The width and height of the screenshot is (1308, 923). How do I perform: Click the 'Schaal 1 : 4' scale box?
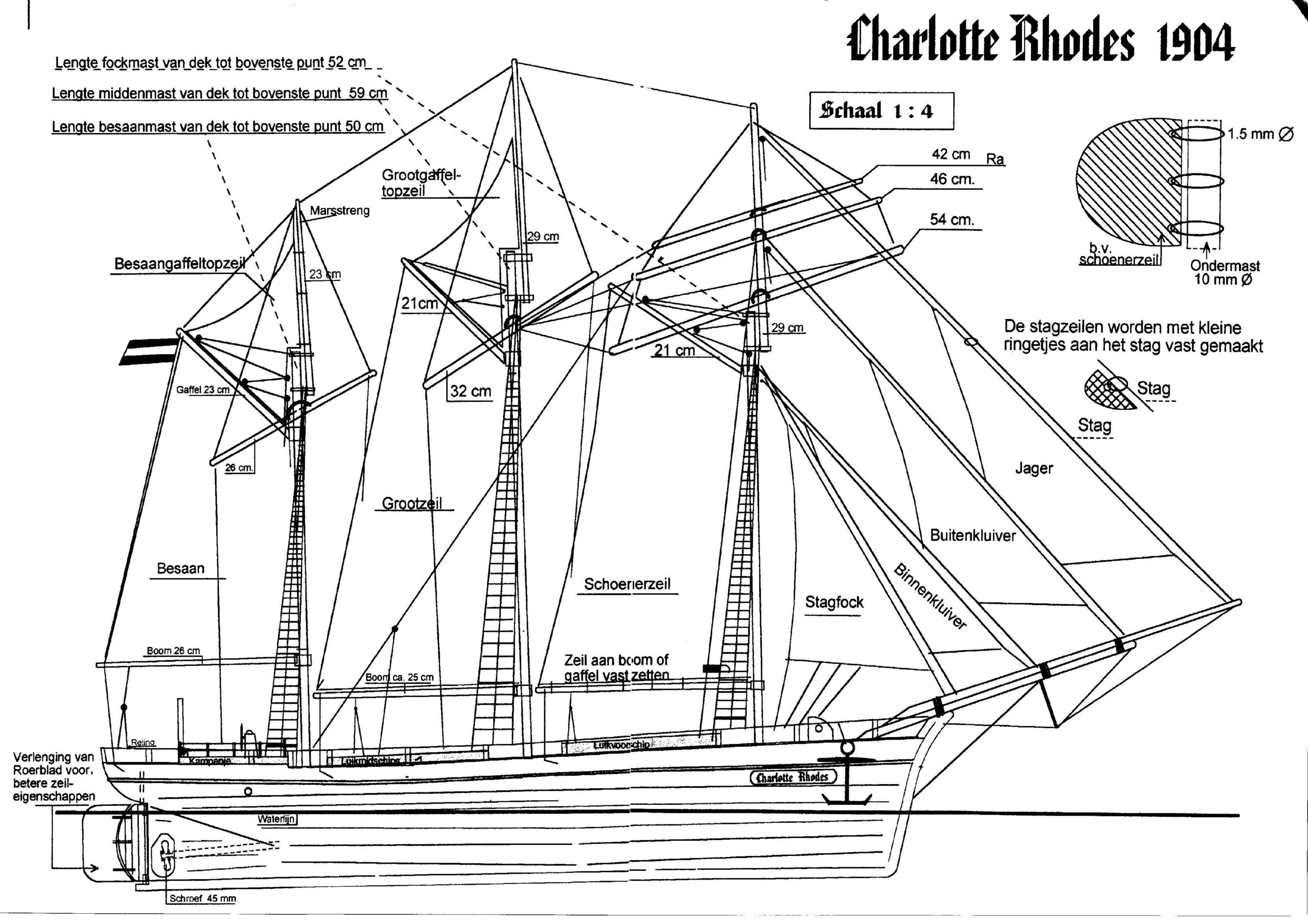pos(881,110)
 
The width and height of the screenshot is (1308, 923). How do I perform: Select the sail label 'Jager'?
pos(1034,468)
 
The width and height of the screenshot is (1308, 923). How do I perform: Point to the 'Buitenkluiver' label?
pos(972,536)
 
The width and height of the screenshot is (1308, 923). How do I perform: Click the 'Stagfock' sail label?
pos(834,602)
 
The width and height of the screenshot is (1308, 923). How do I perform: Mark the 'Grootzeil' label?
pos(411,503)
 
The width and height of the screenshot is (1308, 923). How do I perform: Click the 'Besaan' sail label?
pos(180,569)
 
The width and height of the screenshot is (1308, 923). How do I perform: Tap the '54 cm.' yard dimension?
pos(952,219)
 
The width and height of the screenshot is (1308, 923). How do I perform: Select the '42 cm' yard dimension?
pos(951,154)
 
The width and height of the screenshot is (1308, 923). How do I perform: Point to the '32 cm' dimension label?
pos(471,391)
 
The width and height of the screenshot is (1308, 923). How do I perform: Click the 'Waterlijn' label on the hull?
pos(276,819)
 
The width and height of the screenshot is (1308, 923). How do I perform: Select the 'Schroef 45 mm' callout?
pos(202,898)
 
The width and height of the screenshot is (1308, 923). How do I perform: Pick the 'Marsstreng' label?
pos(340,211)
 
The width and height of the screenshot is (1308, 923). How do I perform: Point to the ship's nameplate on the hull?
pos(792,778)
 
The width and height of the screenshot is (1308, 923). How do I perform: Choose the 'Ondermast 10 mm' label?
pos(1224,272)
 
